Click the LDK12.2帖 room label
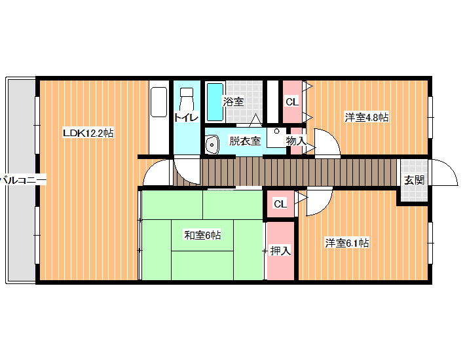(88, 133)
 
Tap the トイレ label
(186, 118)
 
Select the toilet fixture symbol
(186, 98)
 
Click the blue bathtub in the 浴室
(215, 102)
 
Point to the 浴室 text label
(233, 101)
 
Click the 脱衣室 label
(245, 141)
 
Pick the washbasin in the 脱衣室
(212, 144)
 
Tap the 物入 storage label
(296, 141)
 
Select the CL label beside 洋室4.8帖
(292, 102)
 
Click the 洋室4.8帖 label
(367, 117)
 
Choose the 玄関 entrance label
(415, 180)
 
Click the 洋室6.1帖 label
(347, 243)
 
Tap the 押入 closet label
(280, 251)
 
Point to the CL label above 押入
(280, 204)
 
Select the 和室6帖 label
(202, 235)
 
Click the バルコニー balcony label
(23, 180)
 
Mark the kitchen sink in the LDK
(158, 102)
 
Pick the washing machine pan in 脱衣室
(276, 137)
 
